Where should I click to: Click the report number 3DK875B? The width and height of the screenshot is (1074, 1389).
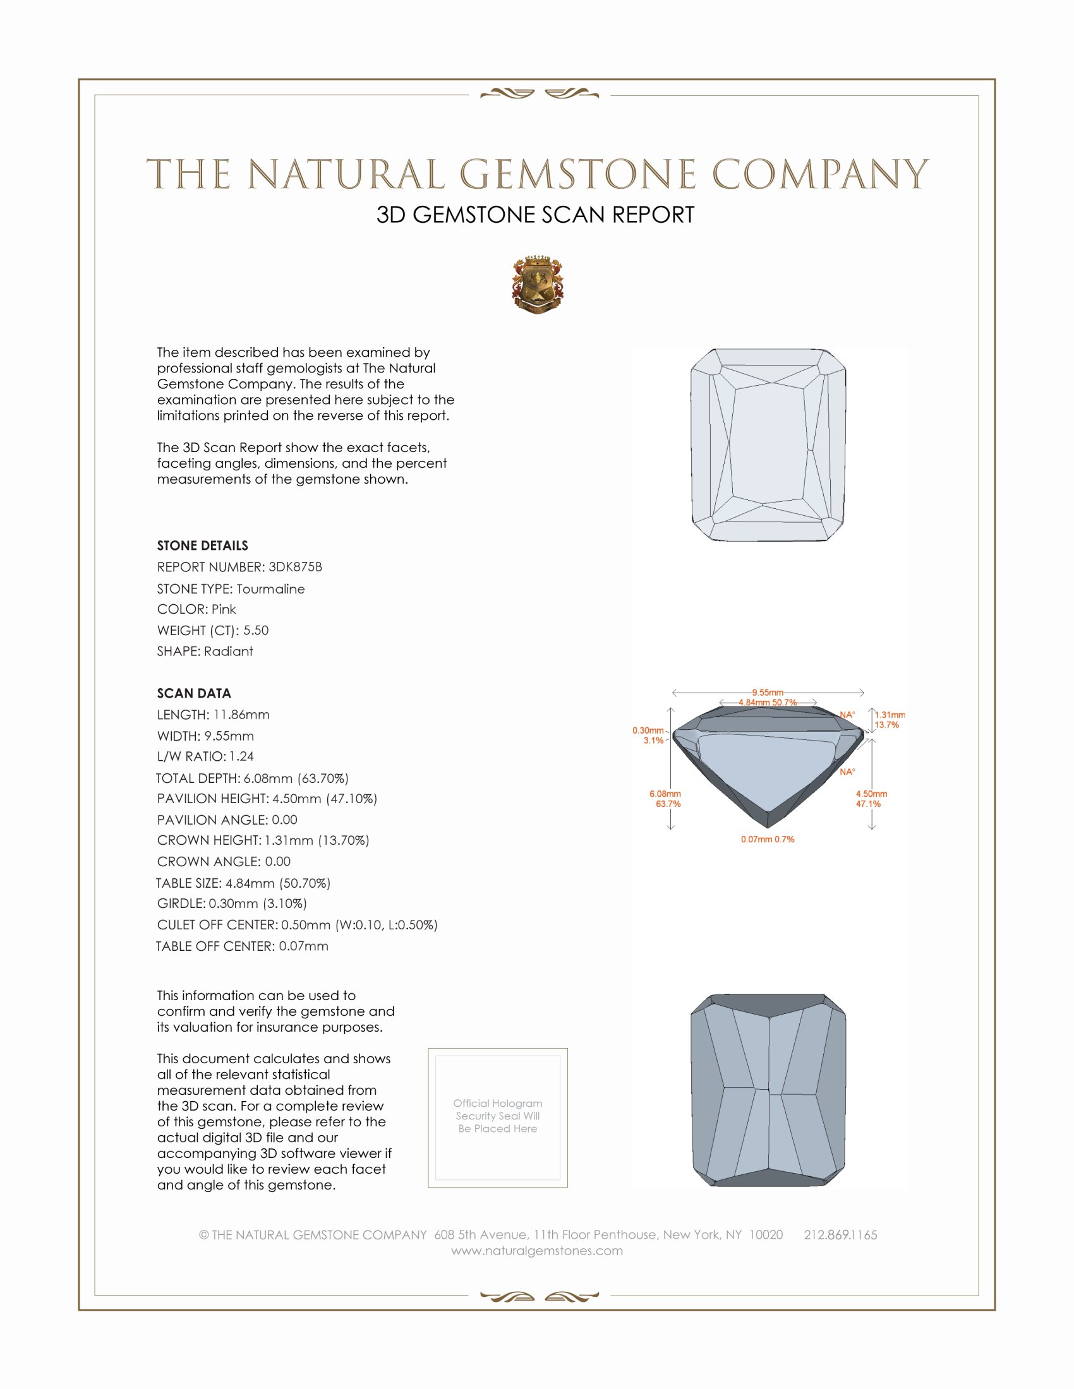[x=294, y=567]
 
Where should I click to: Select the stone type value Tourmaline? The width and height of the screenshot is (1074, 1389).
[x=270, y=589]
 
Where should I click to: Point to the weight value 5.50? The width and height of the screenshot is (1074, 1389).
[x=256, y=630]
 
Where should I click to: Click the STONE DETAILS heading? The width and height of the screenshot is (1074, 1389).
[x=202, y=545]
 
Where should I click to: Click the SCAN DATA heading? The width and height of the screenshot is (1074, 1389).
[x=193, y=693]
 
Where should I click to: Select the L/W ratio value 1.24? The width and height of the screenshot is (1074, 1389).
[x=241, y=756]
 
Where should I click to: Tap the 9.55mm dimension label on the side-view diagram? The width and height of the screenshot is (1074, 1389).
[x=768, y=692]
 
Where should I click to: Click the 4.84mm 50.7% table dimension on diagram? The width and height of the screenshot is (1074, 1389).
[x=768, y=702]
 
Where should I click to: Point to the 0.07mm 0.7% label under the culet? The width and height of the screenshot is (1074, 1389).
[x=768, y=840]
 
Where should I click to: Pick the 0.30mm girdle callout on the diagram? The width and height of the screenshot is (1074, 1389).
[x=648, y=730]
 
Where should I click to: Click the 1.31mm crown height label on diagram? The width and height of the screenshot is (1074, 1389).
[x=889, y=715]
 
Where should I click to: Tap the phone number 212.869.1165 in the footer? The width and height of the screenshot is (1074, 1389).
[x=840, y=1234]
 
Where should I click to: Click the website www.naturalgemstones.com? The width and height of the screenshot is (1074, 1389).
[x=537, y=1250]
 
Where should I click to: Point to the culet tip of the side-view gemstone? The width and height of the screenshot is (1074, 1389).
[x=768, y=826]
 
